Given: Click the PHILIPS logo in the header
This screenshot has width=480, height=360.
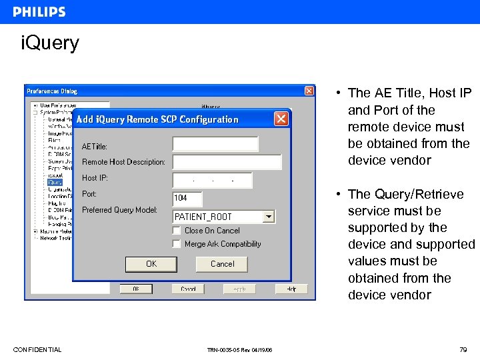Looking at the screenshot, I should coord(39,12).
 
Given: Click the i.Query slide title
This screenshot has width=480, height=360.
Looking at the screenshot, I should coord(50,43).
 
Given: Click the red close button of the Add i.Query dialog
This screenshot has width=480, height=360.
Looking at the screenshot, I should coord(281,119).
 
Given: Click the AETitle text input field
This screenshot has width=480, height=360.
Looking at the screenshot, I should coord(215,145).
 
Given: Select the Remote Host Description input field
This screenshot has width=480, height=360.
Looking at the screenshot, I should coord(227,162).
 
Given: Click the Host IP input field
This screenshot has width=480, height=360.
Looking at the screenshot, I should coord(213,180).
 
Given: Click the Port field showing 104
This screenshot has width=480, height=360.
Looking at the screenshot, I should coord(187,198).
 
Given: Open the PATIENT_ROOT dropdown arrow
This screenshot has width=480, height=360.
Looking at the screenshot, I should coord(268,216).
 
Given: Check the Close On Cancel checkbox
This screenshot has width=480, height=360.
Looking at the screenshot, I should coord(177,230).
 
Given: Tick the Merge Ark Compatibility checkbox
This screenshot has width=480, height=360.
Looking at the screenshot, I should coord(177,244).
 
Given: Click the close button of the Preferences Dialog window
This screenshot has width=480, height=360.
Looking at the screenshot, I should coord(309,91).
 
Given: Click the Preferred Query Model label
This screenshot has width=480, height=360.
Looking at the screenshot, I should coord(119,210).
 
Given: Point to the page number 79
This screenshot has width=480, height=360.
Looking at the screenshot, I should coord(463,349).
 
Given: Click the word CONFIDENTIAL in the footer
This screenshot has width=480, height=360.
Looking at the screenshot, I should coord(37,350).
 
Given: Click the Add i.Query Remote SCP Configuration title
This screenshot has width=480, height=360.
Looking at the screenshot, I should coord(157,119).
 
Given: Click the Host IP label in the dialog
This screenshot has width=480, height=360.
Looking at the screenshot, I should coord(95,178).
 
